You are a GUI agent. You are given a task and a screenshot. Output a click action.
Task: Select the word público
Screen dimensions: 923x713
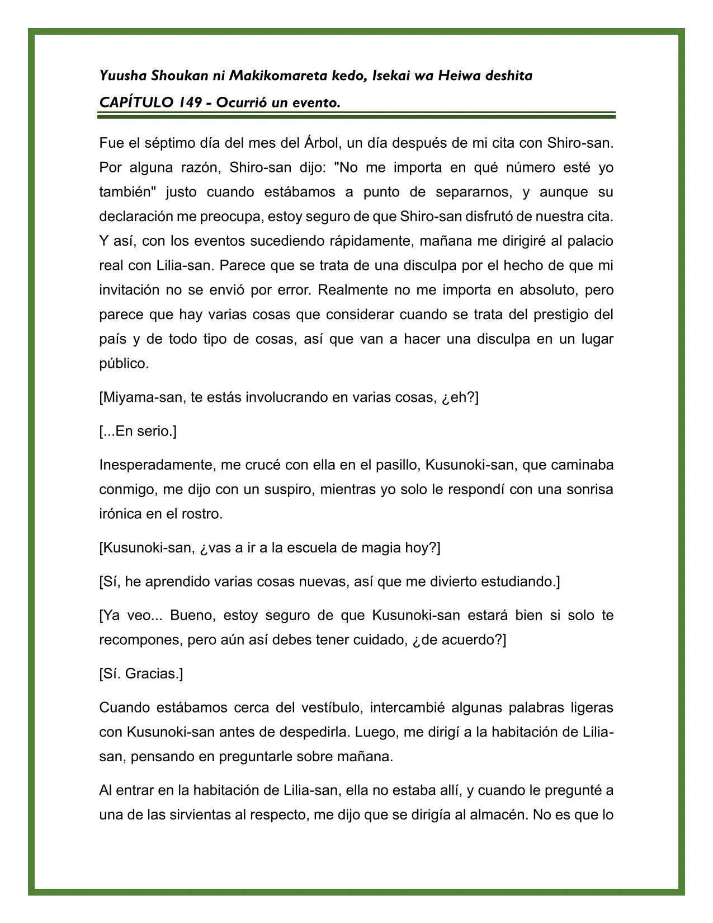tap(124, 364)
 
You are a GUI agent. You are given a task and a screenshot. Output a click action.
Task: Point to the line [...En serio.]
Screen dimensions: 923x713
tap(138, 432)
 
